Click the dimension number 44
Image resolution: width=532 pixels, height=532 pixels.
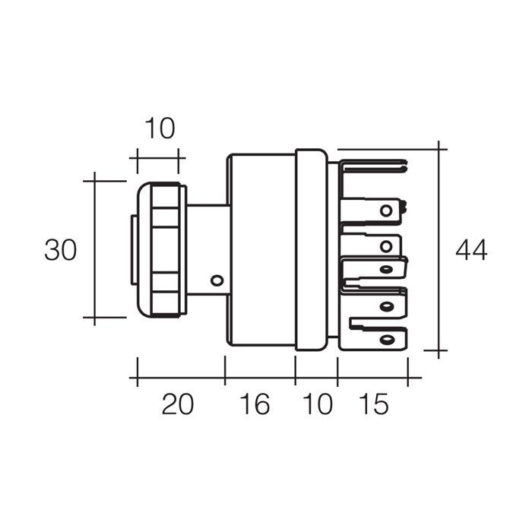click(471, 250)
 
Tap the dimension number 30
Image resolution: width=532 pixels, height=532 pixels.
click(60, 250)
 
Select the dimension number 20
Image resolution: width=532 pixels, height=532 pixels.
click(177, 404)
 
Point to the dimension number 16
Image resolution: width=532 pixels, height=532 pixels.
click(255, 404)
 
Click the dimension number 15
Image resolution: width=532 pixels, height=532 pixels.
click(373, 404)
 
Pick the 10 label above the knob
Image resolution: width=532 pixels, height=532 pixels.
click(160, 128)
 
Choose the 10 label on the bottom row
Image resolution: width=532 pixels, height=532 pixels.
click(318, 404)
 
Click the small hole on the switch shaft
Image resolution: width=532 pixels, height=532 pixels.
click(217, 280)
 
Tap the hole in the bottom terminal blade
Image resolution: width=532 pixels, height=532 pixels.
click(386, 339)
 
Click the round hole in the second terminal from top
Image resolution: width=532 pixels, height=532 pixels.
click(386, 211)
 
